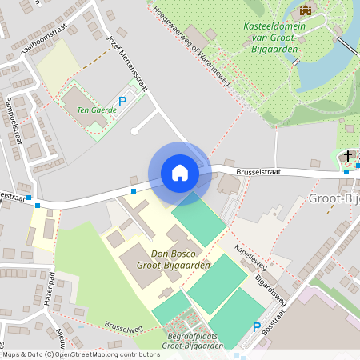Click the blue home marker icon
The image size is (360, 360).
(180, 173)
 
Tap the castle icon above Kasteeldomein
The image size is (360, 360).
(305, 10)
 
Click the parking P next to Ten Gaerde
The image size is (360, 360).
(122, 102)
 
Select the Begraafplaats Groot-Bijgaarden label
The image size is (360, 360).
(192, 342)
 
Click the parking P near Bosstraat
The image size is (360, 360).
(257, 327)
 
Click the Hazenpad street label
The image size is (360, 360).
(50, 289)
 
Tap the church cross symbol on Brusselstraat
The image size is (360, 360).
(348, 155)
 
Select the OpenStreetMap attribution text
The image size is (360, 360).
(80, 354)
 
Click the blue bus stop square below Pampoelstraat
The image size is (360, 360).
(28, 197)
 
